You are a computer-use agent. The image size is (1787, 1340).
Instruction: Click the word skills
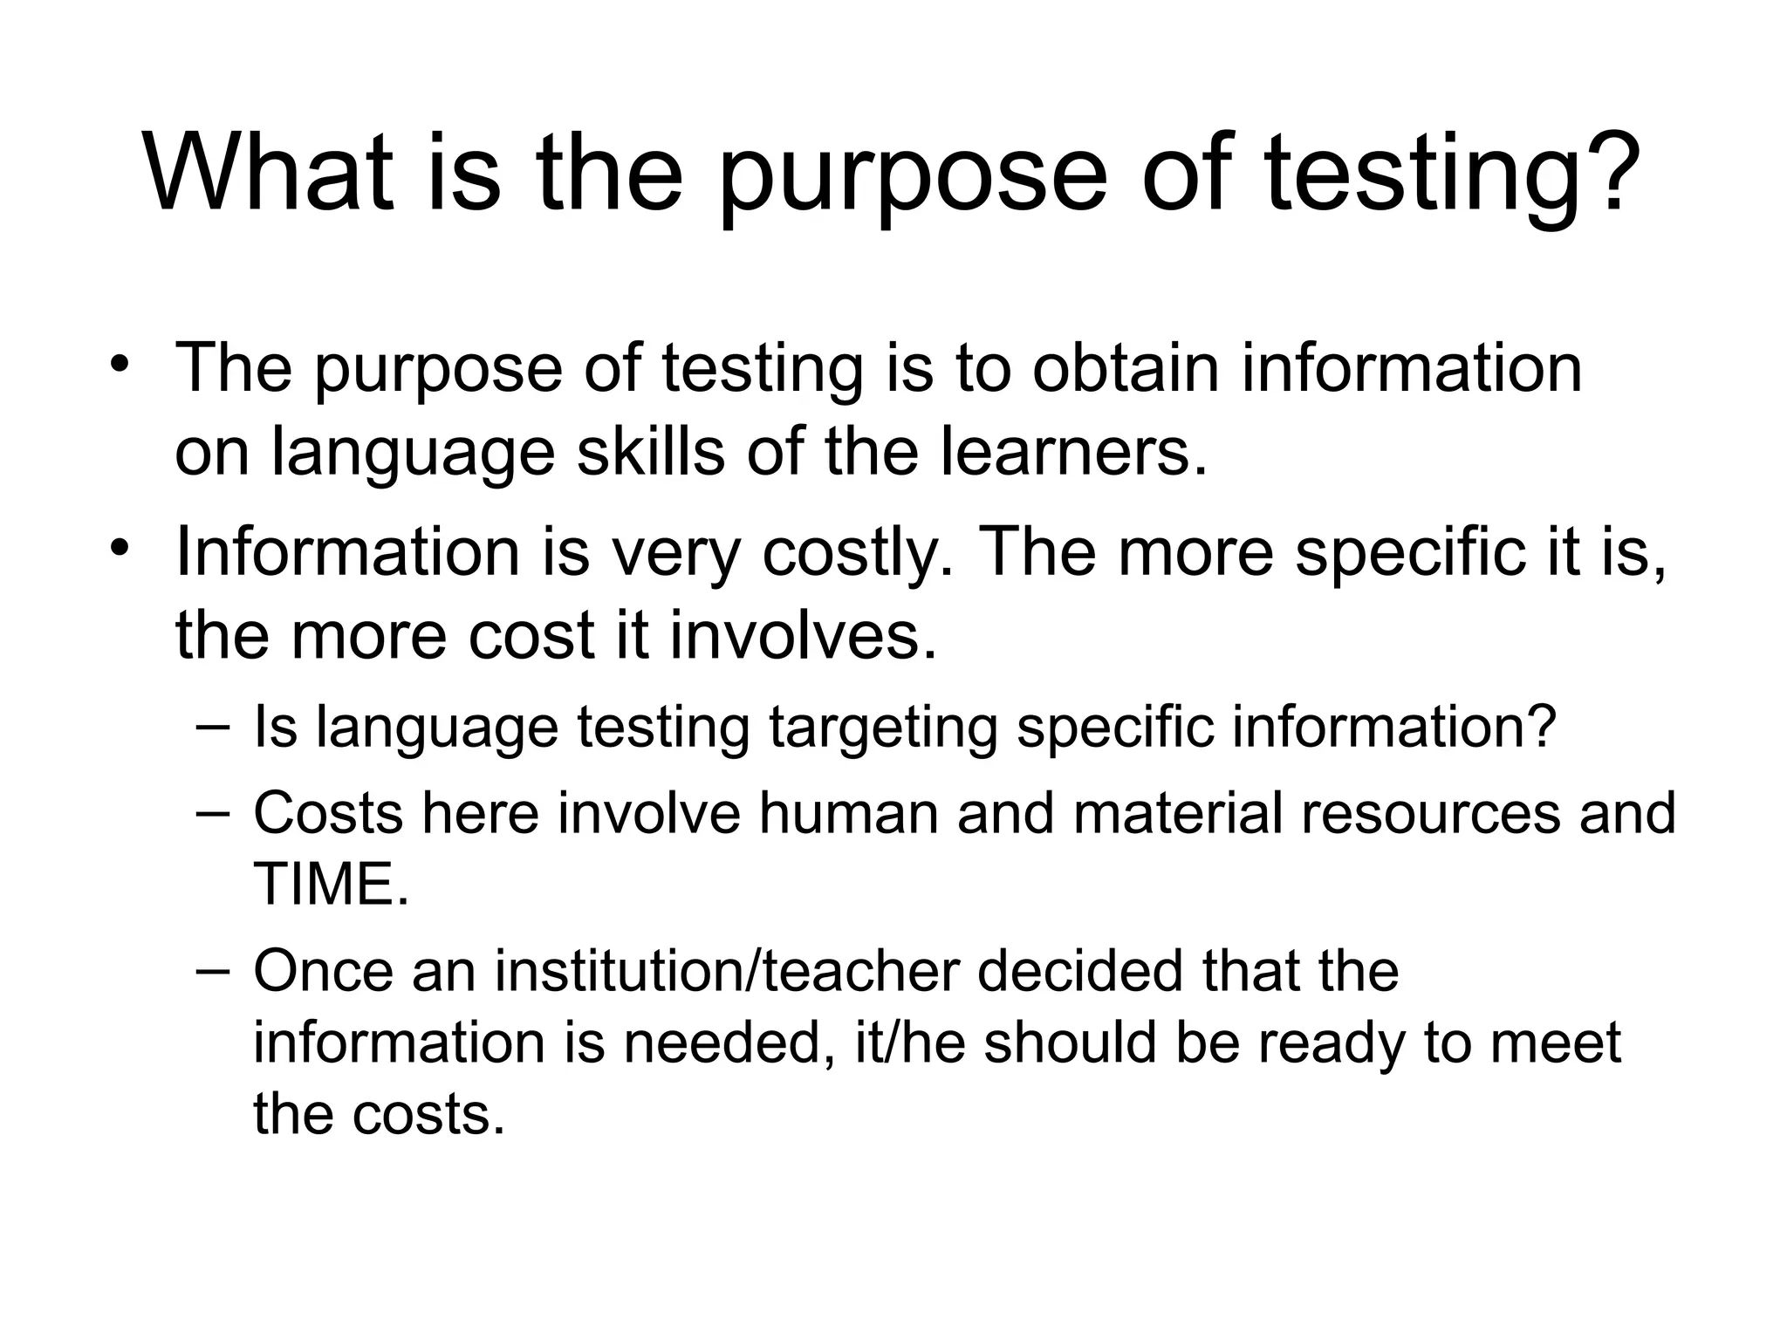[x=650, y=451]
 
